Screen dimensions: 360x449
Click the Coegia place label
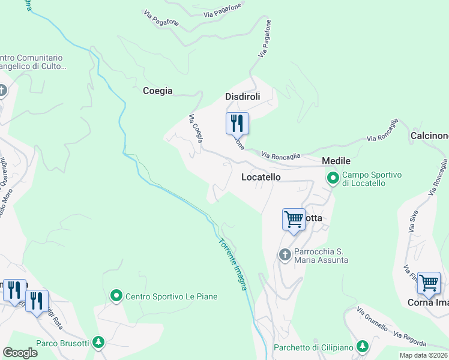pos(157,91)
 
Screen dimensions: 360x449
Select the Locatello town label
pos(261,178)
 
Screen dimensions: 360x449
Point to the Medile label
pos(336,161)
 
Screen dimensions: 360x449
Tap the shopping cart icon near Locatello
pos(294,219)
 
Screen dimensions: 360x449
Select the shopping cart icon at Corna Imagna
pos(429,282)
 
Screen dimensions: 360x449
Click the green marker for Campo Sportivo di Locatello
pos(333,178)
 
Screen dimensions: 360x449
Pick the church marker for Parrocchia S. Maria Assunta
pos(285,255)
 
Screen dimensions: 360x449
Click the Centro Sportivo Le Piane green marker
pos(116,296)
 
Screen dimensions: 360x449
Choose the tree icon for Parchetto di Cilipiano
pos(362,347)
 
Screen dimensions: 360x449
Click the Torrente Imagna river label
pos(233,265)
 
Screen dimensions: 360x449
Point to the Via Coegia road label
pos(196,128)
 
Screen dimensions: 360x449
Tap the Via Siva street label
pos(412,223)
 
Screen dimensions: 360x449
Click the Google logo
pos(20,352)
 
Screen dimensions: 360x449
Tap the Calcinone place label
pos(429,136)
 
